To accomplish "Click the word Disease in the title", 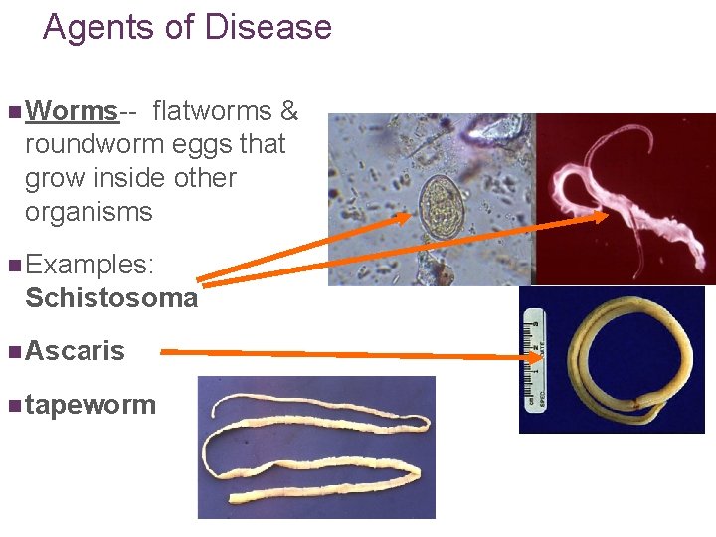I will coord(270,27).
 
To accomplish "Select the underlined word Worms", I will coord(71,110).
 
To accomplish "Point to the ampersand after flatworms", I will coord(289,110).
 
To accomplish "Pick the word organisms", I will coord(89,212).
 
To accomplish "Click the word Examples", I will coord(89,265).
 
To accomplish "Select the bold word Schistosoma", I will coord(111,298).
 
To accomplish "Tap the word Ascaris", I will coord(76,350).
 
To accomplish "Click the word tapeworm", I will coord(90,405).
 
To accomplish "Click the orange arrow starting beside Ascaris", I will coord(348,351).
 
